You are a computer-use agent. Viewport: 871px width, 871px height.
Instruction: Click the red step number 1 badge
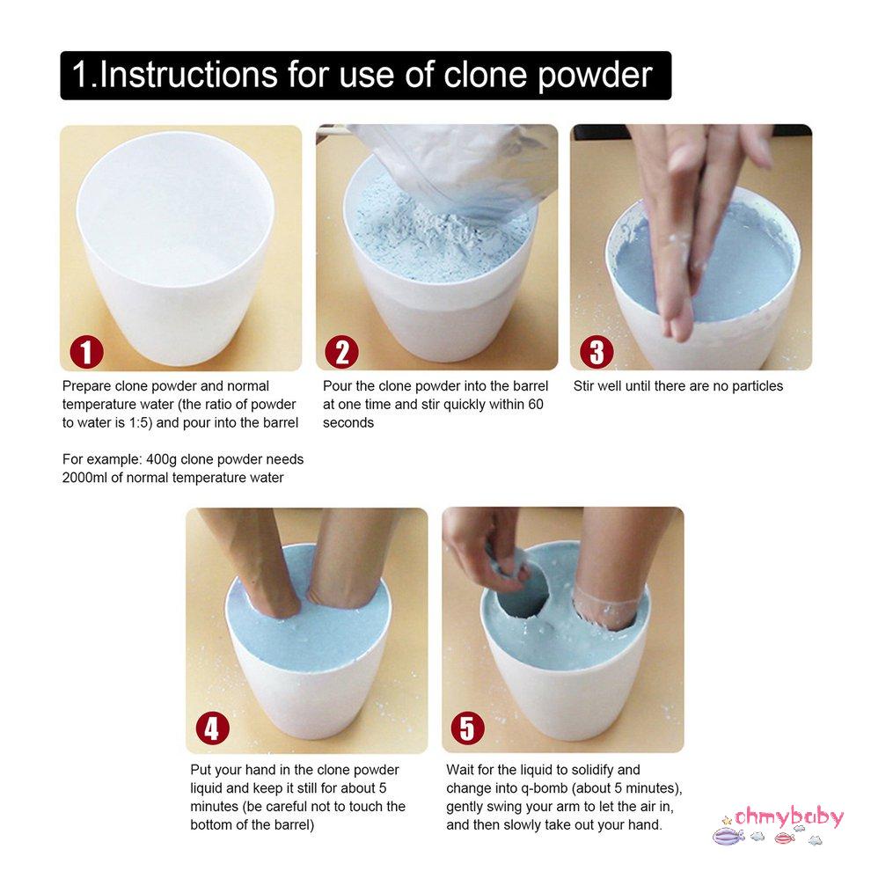(86, 352)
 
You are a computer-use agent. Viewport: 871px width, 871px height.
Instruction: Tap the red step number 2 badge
(341, 352)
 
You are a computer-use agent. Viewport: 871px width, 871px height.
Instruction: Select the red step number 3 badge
(597, 352)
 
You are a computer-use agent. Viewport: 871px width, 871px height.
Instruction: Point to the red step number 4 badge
(213, 728)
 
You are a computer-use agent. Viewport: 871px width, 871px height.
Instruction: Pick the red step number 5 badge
(468, 728)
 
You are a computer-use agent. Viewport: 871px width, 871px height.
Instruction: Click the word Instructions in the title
(188, 75)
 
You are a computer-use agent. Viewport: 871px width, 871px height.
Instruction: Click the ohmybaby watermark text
(789, 817)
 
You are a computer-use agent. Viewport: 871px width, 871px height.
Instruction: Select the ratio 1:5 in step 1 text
(139, 422)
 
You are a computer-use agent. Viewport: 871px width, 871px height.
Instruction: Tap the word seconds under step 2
(348, 422)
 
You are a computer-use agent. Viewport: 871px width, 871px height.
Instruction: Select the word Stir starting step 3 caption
(584, 386)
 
